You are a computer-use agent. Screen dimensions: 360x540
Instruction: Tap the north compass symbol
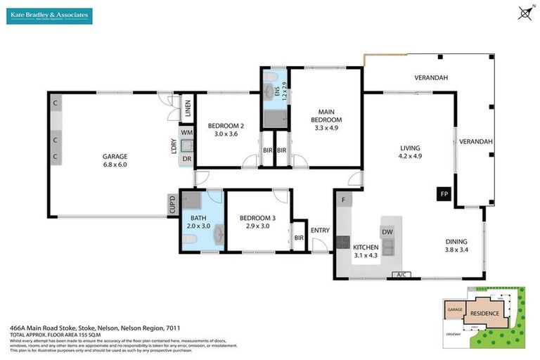coord(524,12)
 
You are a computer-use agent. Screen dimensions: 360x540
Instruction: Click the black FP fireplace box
coord(444,193)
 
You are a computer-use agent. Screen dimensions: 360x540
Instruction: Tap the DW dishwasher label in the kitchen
coord(387,231)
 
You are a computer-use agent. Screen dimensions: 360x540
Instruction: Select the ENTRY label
coord(320,231)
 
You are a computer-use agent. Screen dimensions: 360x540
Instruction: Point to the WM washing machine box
coord(186,132)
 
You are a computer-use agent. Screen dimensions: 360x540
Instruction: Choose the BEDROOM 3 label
coord(257,218)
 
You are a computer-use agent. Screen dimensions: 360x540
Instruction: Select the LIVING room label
coord(410,148)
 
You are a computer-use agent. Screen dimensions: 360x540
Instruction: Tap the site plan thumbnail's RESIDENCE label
coord(484,314)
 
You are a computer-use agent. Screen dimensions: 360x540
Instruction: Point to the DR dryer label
coord(186,159)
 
